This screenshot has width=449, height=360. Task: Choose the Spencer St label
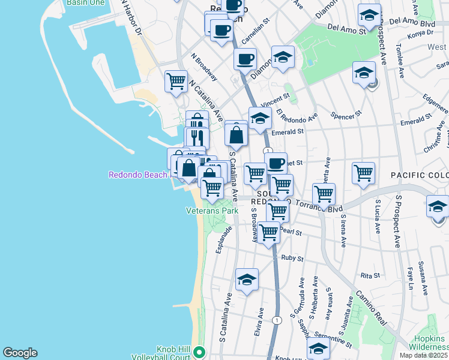coord(346,113)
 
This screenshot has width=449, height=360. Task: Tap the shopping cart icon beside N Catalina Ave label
coord(176,80)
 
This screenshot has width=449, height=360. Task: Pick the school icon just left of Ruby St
coord(247,279)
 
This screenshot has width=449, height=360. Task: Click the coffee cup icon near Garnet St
coord(276,163)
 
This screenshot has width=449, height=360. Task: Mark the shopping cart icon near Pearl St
coord(269,231)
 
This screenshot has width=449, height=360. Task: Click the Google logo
coord(20,353)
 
